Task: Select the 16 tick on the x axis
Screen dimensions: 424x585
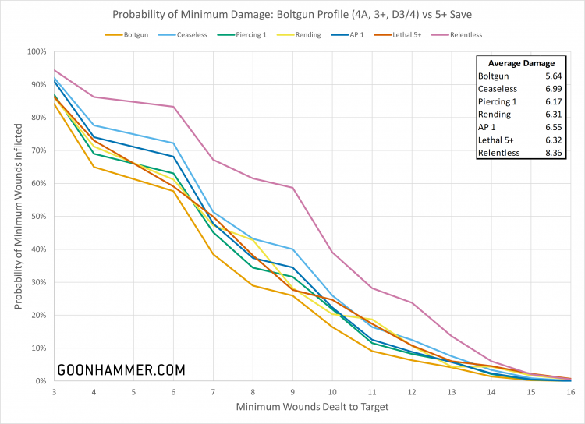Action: (572, 391)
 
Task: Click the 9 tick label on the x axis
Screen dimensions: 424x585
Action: (292, 391)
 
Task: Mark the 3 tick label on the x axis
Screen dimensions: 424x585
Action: (54, 391)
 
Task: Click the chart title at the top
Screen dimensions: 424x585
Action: (292, 14)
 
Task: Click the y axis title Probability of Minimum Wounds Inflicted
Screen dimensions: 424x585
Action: (18, 217)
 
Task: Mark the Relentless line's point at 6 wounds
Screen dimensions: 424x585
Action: (173, 107)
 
